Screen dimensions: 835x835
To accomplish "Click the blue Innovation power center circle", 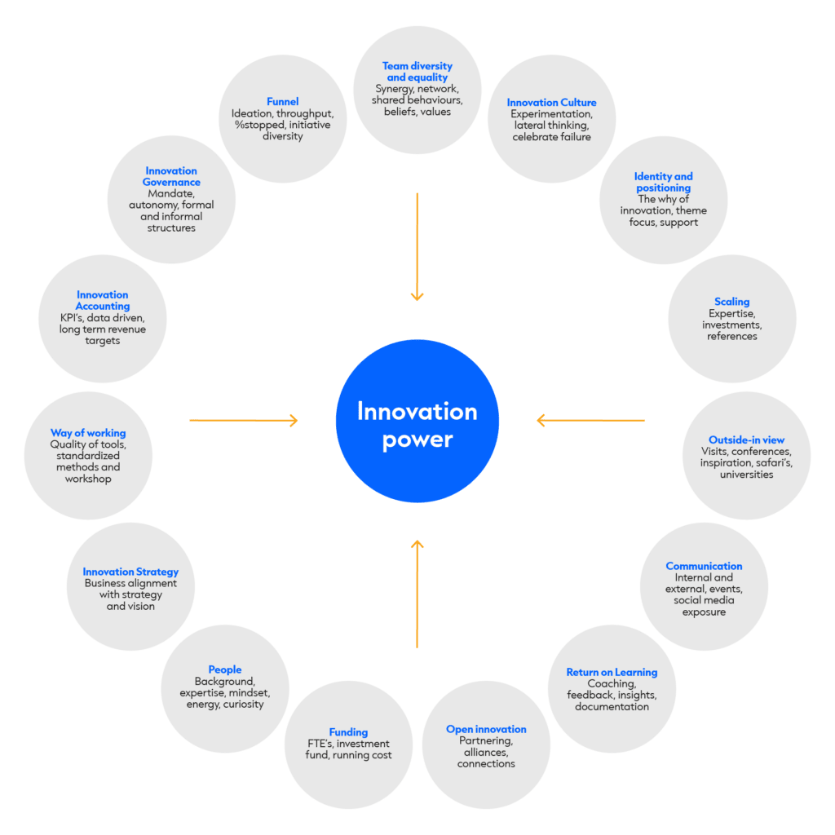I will (417, 421).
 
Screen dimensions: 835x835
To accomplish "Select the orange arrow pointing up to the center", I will (417, 594).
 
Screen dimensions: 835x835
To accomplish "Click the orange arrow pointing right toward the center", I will (244, 420).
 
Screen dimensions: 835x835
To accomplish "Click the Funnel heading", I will (283, 102).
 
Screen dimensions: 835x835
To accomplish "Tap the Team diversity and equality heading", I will (417, 72).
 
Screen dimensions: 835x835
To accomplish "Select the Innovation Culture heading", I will (552, 103).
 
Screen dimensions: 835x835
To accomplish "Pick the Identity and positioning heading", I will (664, 182).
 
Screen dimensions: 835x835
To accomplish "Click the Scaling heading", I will (732, 302).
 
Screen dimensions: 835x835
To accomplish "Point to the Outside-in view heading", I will (746, 440).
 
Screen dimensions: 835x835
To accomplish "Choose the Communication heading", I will (704, 566).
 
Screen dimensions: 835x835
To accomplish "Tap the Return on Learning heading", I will (612, 673).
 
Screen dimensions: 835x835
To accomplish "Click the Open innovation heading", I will (486, 729).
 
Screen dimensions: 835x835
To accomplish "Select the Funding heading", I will (348, 732).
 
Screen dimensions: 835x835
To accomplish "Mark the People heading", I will (225, 669).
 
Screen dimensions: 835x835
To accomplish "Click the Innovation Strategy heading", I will (130, 572).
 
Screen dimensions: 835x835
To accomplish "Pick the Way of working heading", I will (88, 433).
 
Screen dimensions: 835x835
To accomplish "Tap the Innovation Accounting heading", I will (103, 300).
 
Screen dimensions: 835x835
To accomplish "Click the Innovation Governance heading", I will (171, 176).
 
